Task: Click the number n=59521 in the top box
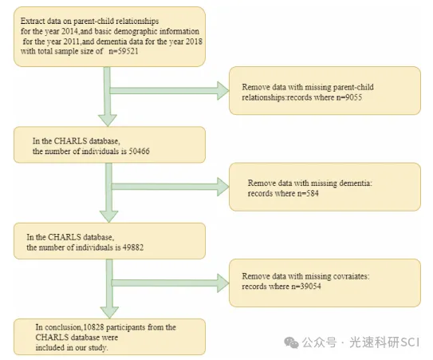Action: click(123, 51)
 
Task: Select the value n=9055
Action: click(349, 97)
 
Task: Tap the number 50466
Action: click(140, 151)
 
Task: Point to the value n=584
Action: click(308, 193)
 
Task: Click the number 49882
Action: click(133, 247)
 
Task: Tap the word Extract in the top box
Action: click(31, 22)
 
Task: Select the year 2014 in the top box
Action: click(69, 31)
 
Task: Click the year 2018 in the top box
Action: click(194, 42)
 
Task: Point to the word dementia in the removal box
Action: click(354, 183)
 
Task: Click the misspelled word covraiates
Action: click(348, 276)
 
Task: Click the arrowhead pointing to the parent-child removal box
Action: click(222, 91)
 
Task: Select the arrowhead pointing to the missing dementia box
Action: click(222, 187)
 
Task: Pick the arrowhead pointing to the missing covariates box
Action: click(222, 283)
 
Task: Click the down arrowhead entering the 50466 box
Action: click(108, 120)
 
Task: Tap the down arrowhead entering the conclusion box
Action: click(109, 312)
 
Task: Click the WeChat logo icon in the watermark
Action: click(291, 343)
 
